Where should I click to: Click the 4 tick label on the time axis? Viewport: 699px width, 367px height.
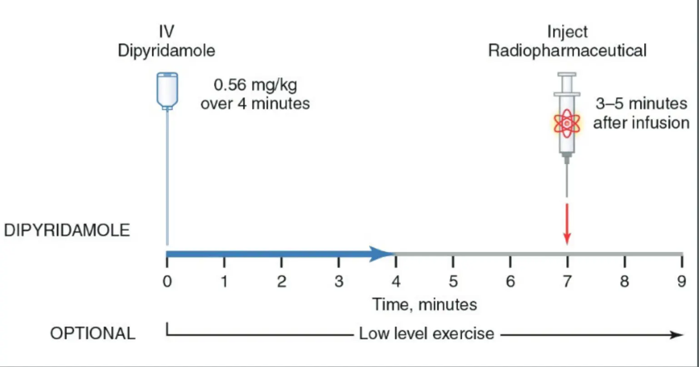tap(396, 282)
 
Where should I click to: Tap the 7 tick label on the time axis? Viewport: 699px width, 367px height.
tap(567, 282)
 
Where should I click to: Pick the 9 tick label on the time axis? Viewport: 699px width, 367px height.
tap(681, 282)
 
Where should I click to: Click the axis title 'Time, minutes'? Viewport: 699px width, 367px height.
tap(425, 304)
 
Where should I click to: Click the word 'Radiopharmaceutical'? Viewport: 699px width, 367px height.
tap(567, 51)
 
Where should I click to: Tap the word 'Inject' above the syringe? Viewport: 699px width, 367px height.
tap(567, 32)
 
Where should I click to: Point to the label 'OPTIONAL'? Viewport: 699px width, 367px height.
tap(93, 334)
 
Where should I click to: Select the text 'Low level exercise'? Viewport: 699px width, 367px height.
tap(426, 334)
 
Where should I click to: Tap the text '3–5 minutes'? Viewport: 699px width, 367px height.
tap(641, 104)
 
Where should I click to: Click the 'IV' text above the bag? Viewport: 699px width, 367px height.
tap(166, 32)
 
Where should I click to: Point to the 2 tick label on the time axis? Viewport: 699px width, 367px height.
tap(281, 282)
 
